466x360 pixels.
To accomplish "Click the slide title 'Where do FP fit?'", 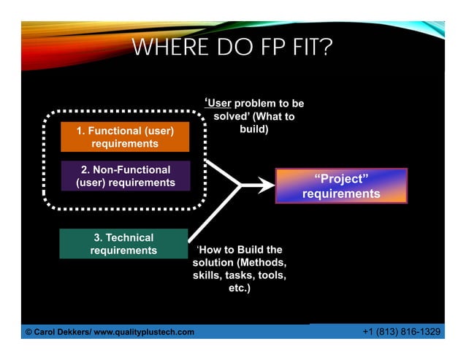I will (232, 49).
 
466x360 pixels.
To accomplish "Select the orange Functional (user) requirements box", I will (125, 137).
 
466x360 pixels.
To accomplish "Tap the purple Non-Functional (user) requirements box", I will (125, 176).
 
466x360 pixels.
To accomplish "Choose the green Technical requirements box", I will (123, 244).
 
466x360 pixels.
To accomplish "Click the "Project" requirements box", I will (340, 186).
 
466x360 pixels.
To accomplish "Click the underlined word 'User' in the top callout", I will (221, 104).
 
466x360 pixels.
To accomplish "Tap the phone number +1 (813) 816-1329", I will (401, 332).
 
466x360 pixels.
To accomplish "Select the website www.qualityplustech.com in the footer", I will (150, 333).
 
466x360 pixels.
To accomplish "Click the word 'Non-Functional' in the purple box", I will (135, 170).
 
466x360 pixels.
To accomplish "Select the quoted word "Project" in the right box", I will (340, 180).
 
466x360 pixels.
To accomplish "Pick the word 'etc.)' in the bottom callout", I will (239, 288).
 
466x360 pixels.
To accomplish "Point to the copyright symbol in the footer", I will (28, 333).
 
